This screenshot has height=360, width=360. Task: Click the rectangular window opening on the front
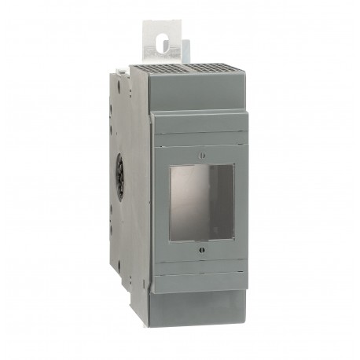tap(200, 202)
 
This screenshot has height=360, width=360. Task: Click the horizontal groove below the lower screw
tap(200, 272)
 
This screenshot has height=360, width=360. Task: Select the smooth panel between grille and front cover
tap(197, 93)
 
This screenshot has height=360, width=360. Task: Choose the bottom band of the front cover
tap(200, 283)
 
